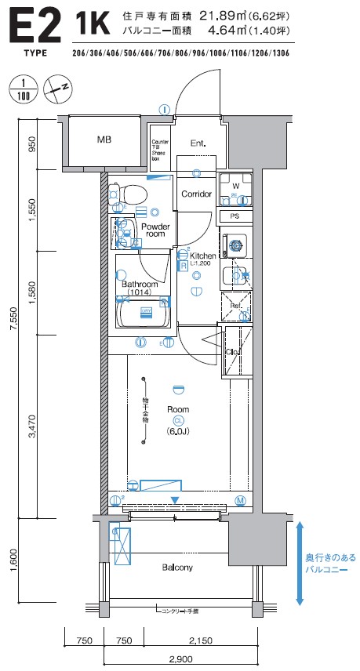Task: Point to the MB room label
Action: [104, 140]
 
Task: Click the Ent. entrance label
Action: [199, 143]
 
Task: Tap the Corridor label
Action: [196, 194]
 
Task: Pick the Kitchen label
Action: [202, 256]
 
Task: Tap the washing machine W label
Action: [235, 186]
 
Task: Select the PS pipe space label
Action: [235, 216]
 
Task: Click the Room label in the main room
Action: [178, 409]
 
